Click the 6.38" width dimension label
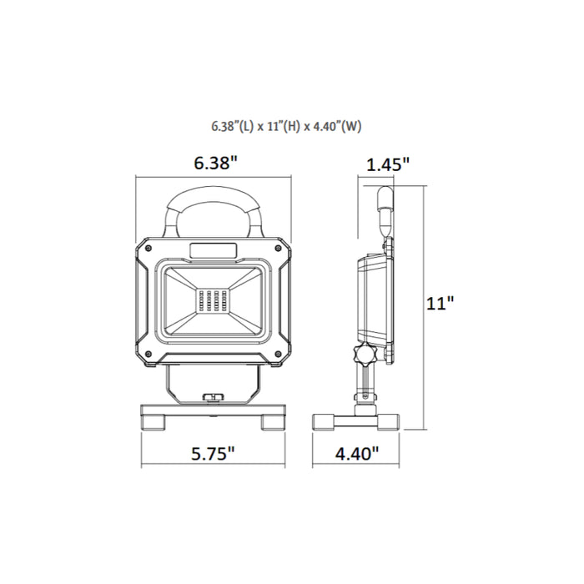(215, 164)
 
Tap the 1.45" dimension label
(388, 164)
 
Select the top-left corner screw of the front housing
(147, 248)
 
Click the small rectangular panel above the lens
(215, 249)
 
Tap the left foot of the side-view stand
(324, 420)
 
